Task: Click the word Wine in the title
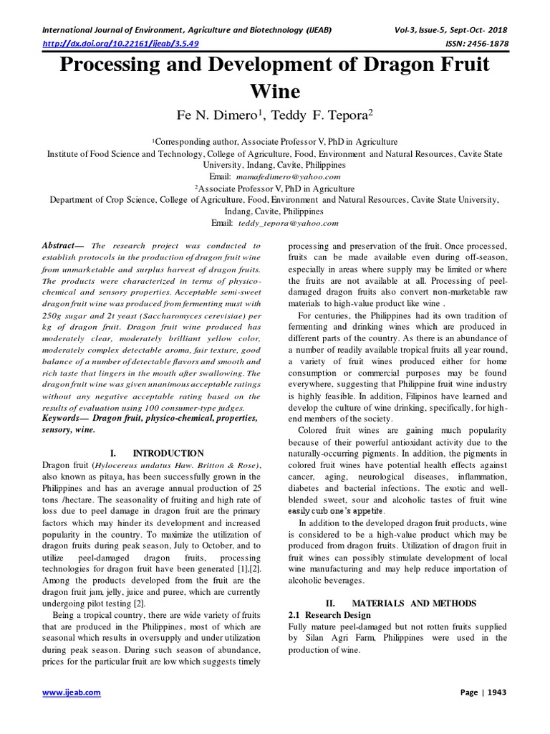(274, 92)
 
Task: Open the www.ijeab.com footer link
(72, 692)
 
